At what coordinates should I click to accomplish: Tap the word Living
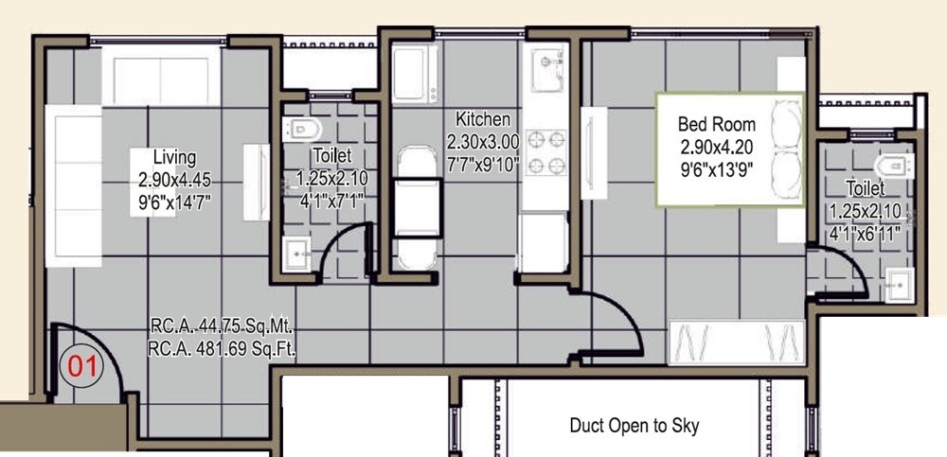coord(174,157)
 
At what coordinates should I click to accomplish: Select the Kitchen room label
coord(483,120)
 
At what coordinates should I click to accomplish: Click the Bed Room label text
coord(716,124)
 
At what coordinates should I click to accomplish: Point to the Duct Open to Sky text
coord(634,425)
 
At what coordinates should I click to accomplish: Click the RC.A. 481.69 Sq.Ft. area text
coord(223,348)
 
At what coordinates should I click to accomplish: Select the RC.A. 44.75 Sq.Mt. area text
coord(223,327)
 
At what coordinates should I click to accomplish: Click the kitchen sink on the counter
coord(546,72)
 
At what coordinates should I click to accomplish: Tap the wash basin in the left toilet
coord(300,254)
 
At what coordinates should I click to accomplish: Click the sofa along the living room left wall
coord(73,185)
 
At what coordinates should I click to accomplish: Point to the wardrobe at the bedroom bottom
coord(735,342)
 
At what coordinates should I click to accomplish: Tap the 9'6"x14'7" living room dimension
coord(174,200)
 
